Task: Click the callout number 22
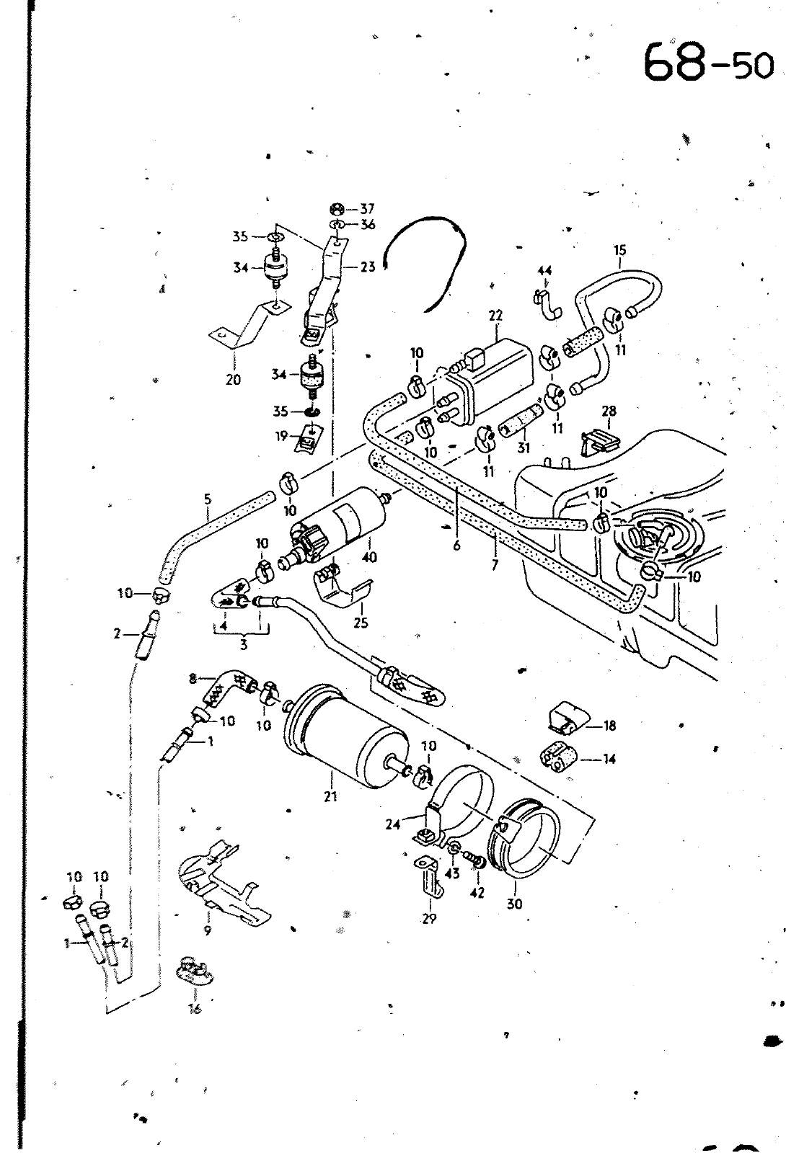coord(495,315)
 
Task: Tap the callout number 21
coord(330,796)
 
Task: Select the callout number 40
coord(370,557)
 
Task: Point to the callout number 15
coord(619,250)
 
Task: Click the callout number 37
coord(367,209)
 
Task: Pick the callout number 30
coord(515,904)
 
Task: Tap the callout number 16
coord(195,1009)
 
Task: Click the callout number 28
coord(609,411)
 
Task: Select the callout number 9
coord(207,930)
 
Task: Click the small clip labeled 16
coord(195,970)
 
